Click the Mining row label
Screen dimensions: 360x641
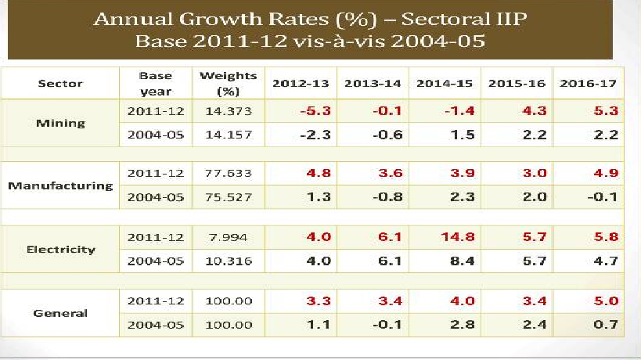click(x=60, y=123)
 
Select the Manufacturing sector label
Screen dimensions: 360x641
click(x=60, y=186)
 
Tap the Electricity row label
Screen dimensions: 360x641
click(x=60, y=250)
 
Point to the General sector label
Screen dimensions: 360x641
click(x=60, y=313)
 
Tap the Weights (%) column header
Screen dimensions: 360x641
click(x=228, y=83)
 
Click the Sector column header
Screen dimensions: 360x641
click(x=60, y=84)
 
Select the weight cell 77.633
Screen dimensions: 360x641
click(x=228, y=175)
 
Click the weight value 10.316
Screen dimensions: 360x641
click(x=228, y=262)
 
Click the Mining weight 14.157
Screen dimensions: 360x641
click(x=228, y=135)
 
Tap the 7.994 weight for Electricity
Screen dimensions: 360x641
click(x=228, y=237)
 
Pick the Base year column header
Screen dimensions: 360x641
click(x=156, y=83)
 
